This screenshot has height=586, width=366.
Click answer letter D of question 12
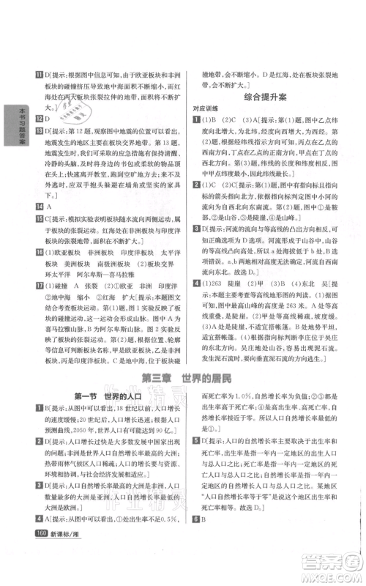(x=38, y=117)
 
